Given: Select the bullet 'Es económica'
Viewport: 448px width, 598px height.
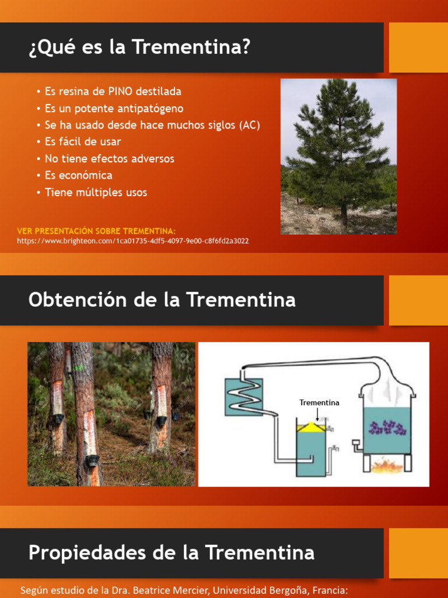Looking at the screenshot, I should [78, 175].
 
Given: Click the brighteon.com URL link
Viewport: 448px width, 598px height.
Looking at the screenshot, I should [133, 241].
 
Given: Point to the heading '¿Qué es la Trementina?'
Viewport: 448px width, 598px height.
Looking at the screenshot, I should [139, 47].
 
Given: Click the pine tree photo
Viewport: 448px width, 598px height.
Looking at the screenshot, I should [338, 157].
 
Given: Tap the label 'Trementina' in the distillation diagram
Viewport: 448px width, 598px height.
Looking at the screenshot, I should [319, 403].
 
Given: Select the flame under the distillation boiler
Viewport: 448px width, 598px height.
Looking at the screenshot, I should [388, 465].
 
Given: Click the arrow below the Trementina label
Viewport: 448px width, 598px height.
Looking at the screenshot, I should [316, 413].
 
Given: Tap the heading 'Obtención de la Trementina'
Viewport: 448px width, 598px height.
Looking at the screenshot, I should [162, 300].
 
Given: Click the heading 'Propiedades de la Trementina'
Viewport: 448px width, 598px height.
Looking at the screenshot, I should [171, 552].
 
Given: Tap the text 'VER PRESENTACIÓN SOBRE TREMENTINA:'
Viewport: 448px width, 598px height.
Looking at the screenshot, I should [96, 231].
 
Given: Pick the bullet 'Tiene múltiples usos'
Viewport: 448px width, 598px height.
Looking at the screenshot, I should [96, 192].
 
